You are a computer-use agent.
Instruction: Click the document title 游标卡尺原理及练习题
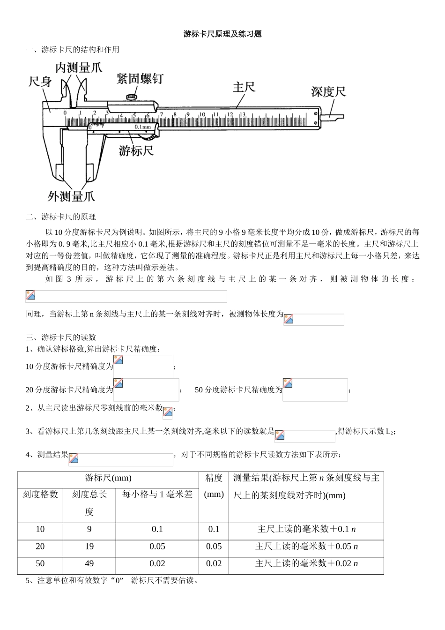222,34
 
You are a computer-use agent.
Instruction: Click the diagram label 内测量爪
78,68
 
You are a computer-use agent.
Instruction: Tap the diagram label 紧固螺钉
140,78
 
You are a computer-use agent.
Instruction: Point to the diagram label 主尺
244,87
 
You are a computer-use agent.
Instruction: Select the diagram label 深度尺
328,91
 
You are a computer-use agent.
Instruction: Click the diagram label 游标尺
136,151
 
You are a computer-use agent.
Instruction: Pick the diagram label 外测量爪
71,196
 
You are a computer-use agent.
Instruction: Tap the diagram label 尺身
40,82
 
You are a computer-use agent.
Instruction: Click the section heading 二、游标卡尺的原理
61,217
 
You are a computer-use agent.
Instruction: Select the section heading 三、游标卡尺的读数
61,337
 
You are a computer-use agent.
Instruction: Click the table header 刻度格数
40,494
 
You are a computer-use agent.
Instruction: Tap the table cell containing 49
89,563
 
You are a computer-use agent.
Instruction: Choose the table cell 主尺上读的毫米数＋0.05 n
306,547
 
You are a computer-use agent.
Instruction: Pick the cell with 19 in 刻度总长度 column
89,547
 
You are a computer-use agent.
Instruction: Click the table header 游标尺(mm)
108,478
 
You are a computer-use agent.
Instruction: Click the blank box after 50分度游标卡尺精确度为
315,390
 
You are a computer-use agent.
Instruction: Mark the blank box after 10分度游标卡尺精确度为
143,366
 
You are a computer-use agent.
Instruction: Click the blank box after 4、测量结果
120,459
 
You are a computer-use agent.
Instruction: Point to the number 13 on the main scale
242,114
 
